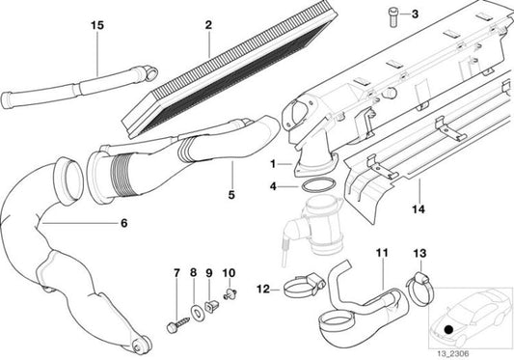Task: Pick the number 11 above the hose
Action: click(x=381, y=254)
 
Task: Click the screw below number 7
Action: click(x=176, y=306)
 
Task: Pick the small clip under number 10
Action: click(x=229, y=293)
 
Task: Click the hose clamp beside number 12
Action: click(x=296, y=287)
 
